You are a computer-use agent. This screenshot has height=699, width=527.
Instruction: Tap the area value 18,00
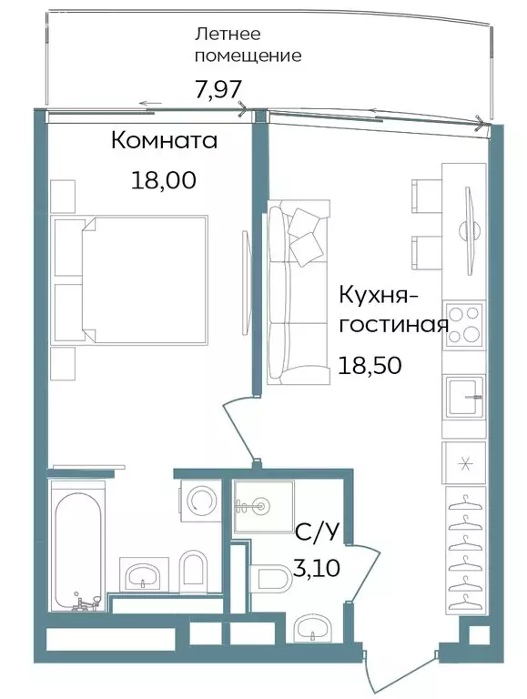coord(164,179)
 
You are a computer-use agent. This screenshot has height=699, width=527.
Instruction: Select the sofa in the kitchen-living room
coord(294,296)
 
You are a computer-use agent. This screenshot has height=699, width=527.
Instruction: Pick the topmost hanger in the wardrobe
coord(465,500)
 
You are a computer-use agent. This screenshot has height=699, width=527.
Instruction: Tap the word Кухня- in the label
coord(378,295)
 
